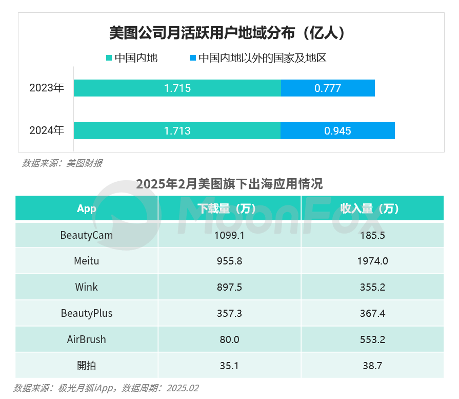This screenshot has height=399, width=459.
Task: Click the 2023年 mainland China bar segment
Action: [x=177, y=88]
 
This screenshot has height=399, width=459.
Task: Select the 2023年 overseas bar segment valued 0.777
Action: [x=328, y=88]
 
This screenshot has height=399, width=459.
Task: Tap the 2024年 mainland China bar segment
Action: [x=177, y=130]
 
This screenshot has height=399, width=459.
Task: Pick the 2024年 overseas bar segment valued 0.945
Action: [x=337, y=130]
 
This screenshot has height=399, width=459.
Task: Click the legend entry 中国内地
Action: [x=132, y=58]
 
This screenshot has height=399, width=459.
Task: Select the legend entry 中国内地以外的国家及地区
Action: [x=258, y=58]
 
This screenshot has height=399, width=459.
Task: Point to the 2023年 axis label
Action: [x=47, y=88]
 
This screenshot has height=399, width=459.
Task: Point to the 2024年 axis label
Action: [x=47, y=130]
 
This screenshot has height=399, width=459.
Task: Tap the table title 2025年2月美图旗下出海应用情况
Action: [x=229, y=184]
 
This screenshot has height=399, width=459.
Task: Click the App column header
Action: [x=86, y=208]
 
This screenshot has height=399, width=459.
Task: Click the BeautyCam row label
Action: [x=86, y=235]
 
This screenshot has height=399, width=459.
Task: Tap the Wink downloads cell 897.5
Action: [x=229, y=287]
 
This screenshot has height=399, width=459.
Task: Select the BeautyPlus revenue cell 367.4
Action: [x=372, y=313]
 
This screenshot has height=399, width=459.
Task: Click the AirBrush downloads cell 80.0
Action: [x=229, y=339]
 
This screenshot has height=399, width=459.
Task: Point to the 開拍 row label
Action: [x=86, y=366]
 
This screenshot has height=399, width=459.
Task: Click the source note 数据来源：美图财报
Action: [x=62, y=163]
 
